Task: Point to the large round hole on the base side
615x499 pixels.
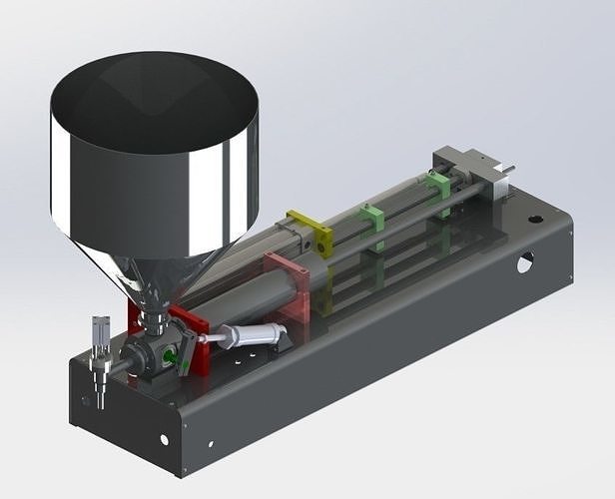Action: (524, 262)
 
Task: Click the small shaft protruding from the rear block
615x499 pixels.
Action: (508, 169)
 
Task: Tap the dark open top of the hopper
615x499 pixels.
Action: (155, 100)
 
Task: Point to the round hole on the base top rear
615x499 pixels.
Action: (536, 217)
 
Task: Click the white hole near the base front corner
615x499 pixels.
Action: (164, 439)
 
